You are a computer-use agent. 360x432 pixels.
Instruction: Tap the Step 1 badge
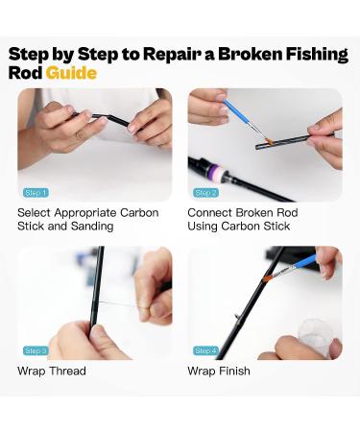36,193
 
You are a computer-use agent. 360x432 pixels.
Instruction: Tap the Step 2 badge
205,193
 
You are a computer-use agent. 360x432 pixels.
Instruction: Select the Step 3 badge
36,350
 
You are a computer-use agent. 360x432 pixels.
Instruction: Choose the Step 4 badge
205,350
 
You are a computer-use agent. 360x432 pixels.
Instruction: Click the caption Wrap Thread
51,371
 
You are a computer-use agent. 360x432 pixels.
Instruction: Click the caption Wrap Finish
219,371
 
